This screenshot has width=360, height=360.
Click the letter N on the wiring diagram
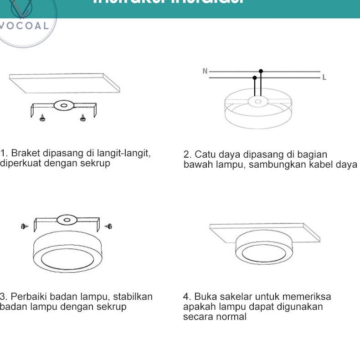[x=205, y=71]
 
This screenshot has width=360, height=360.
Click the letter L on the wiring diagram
[x=324, y=78]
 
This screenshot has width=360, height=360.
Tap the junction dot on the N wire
[x=261, y=71]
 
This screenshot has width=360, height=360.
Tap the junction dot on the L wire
[x=255, y=78]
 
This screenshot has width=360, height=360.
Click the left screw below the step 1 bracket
[x=42, y=118]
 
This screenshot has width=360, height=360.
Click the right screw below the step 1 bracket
[x=82, y=118]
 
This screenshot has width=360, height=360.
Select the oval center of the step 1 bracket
[x=63, y=106]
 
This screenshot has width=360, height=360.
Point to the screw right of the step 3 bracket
[x=108, y=226]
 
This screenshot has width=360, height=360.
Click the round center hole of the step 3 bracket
[x=67, y=220]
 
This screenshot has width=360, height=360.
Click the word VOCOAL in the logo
[x=25, y=26]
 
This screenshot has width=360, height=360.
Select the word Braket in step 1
[x=25, y=153]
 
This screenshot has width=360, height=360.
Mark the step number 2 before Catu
[x=186, y=154]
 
